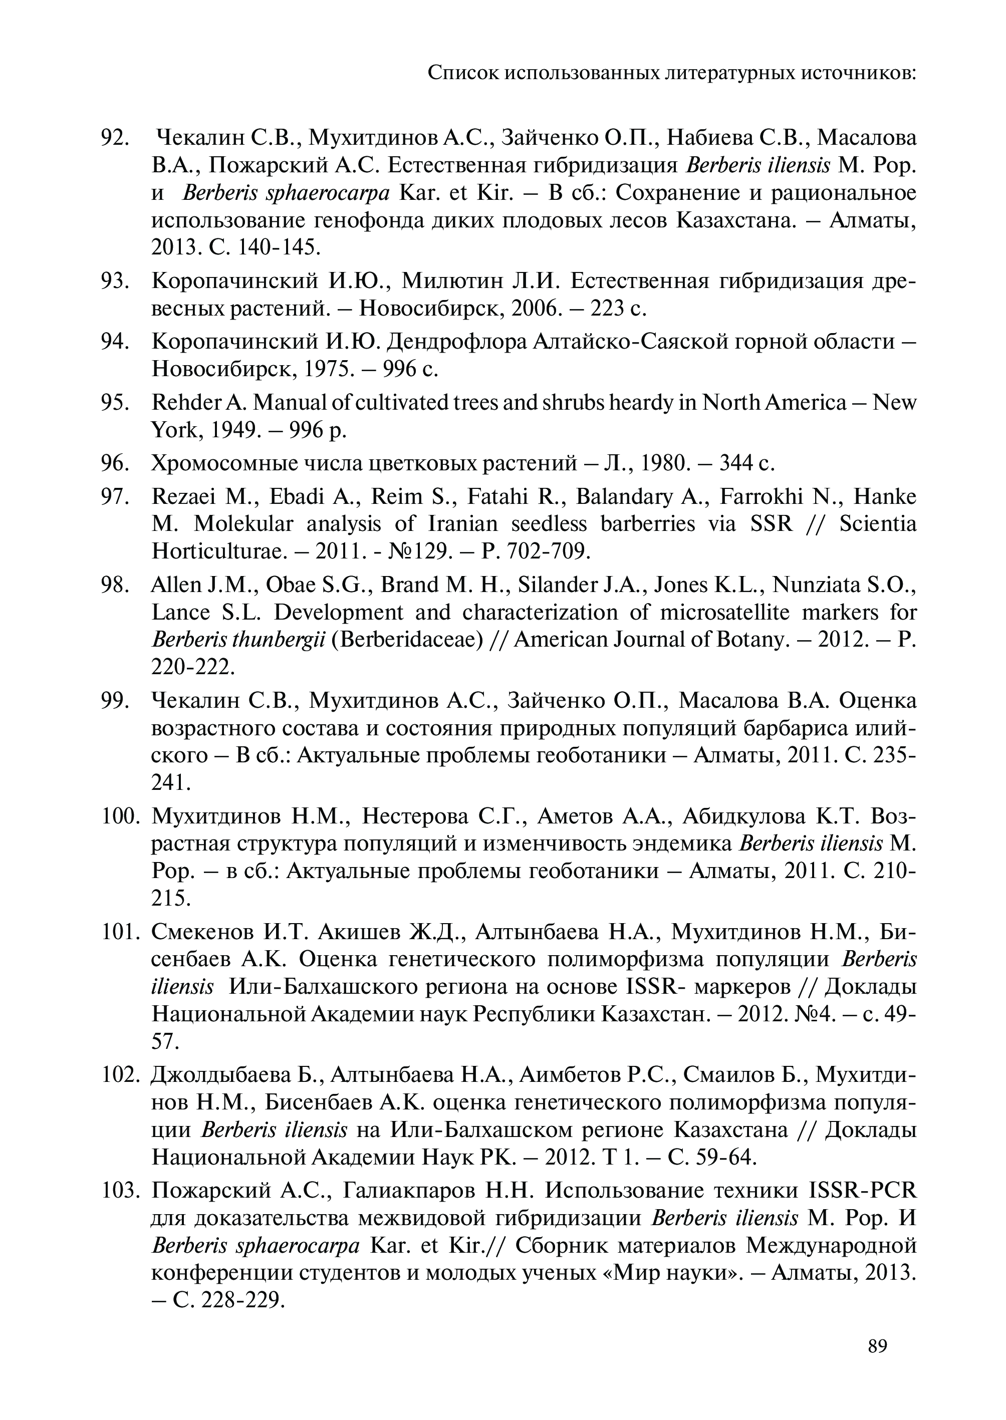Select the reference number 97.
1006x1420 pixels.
115,497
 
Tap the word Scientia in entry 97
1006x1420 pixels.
878,524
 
